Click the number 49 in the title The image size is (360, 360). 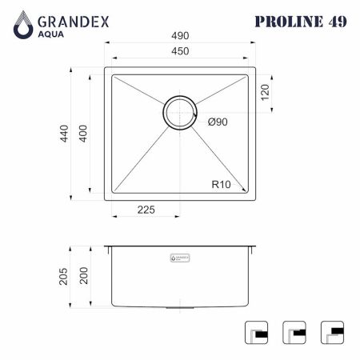tap(335, 22)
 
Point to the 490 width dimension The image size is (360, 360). tap(180, 36)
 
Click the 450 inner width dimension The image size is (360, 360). tap(180, 52)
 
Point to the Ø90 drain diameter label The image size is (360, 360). tap(218, 122)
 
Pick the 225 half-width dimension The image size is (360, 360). tap(146, 210)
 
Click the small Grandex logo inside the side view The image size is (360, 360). tap(180, 258)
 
